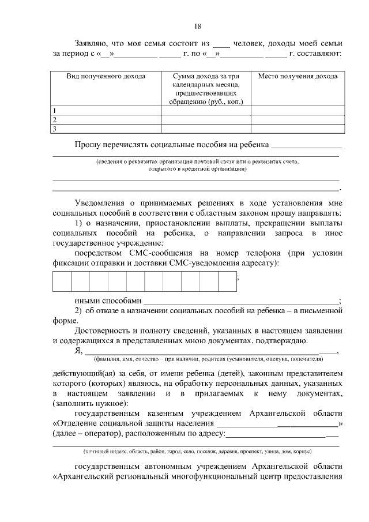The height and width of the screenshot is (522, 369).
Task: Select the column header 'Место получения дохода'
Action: [x=298, y=76]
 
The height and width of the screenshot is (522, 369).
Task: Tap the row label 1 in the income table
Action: [x=54, y=110]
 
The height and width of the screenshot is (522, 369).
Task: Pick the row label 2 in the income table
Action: [x=54, y=119]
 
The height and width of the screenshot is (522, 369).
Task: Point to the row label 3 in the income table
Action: [x=54, y=129]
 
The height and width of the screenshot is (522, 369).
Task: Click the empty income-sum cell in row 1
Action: [x=206, y=110]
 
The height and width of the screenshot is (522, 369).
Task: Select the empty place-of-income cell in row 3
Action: [x=298, y=129]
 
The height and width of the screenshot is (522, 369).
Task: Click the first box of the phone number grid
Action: [x=62, y=281]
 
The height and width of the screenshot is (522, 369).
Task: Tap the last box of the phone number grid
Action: [x=227, y=281]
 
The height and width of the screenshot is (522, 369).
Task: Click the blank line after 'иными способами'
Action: [x=241, y=301]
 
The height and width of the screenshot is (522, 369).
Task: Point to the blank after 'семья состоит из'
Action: [x=221, y=44]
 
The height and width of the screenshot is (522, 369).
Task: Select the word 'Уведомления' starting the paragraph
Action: [x=101, y=202]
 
